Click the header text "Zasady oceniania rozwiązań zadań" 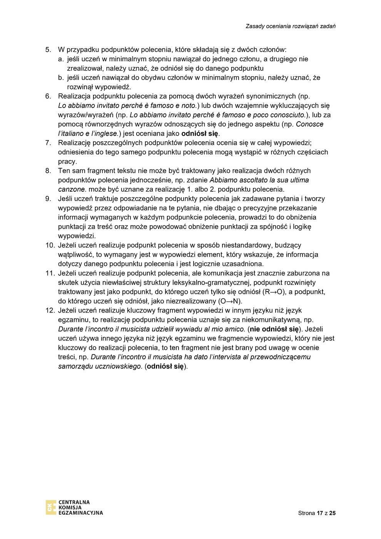point(291,26)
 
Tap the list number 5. point(48,50)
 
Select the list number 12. point(50,310)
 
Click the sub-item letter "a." point(61,59)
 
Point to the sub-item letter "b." point(61,78)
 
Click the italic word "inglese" point(105,134)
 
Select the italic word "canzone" point(72,189)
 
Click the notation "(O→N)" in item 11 point(230,301)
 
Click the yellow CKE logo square point(51,507)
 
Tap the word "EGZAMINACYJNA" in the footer point(81,513)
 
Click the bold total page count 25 point(333,513)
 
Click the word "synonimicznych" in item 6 point(271,96)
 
